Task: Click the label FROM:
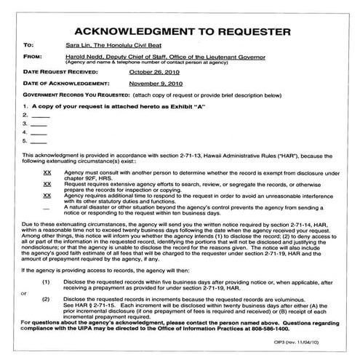[x=33, y=56]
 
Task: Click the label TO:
[x=28, y=44]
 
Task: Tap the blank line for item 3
[x=39, y=124]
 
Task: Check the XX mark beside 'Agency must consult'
[x=47, y=173]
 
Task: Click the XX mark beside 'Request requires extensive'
[x=47, y=185]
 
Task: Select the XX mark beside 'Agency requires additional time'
[x=47, y=196]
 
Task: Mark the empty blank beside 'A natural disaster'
[x=47, y=208]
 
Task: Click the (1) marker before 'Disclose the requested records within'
[x=46, y=280]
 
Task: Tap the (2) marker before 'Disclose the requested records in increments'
[x=46, y=299]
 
